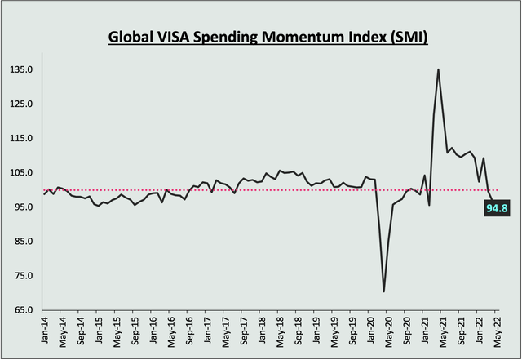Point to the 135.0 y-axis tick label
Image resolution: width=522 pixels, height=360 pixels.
tap(21, 70)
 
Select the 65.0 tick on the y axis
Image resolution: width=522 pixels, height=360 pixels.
tap(21, 310)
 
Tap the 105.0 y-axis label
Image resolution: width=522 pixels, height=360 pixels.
tap(21, 173)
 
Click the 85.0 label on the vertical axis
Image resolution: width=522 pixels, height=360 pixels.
tap(21, 242)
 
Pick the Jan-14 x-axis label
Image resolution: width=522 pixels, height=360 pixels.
tap(44, 332)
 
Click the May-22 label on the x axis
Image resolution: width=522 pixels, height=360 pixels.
tap(494, 332)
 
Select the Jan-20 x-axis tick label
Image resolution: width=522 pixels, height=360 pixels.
tap(368, 332)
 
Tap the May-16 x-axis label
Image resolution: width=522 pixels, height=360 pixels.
tap(170, 332)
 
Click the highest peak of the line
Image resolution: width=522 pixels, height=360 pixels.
tap(439, 69)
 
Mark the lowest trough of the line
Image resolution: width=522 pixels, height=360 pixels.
tap(383, 291)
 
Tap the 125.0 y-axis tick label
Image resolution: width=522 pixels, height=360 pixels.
tap(21, 104)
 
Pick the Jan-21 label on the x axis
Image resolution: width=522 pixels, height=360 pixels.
tap(422, 332)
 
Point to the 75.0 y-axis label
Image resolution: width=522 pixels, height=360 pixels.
tap(21, 276)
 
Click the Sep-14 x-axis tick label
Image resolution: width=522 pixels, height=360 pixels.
tap(80, 332)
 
